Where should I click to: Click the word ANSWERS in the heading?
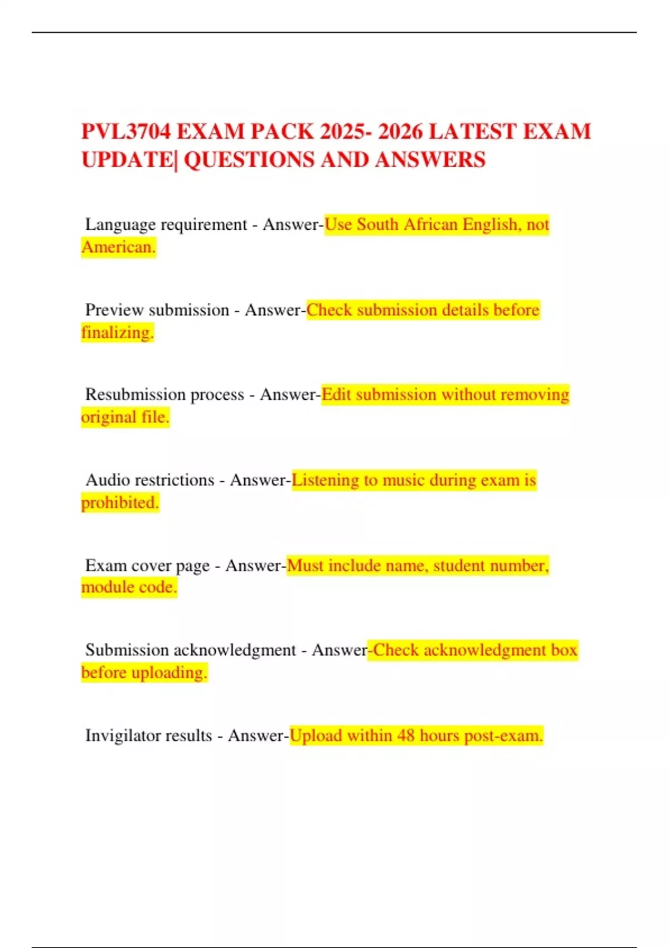click(430, 160)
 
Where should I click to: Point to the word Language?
click(120, 225)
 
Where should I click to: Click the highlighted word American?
click(118, 247)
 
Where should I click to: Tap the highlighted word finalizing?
click(117, 333)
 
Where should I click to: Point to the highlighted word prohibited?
click(120, 503)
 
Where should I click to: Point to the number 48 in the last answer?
click(406, 736)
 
